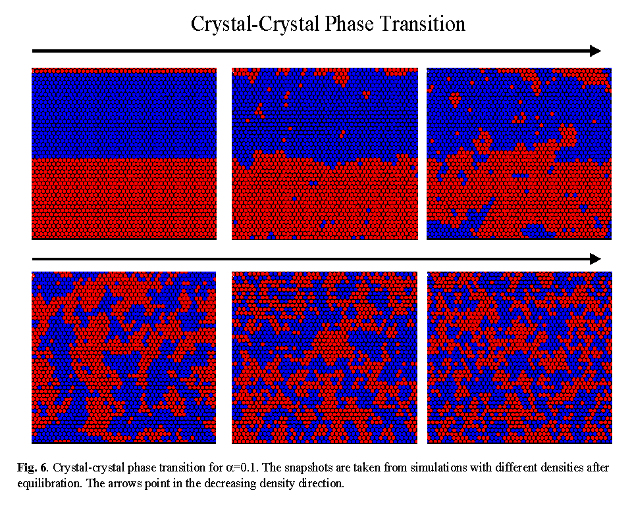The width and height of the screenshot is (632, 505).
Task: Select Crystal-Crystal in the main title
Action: pos(253,24)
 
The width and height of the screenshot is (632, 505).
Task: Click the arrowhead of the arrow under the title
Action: pos(595,51)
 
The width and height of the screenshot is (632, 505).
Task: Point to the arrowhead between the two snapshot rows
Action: pos(595,258)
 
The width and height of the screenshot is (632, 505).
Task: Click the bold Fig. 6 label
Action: pos(32,468)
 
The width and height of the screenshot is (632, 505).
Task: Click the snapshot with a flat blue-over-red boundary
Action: pos(124,154)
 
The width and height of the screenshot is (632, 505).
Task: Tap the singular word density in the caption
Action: pos(279,483)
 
